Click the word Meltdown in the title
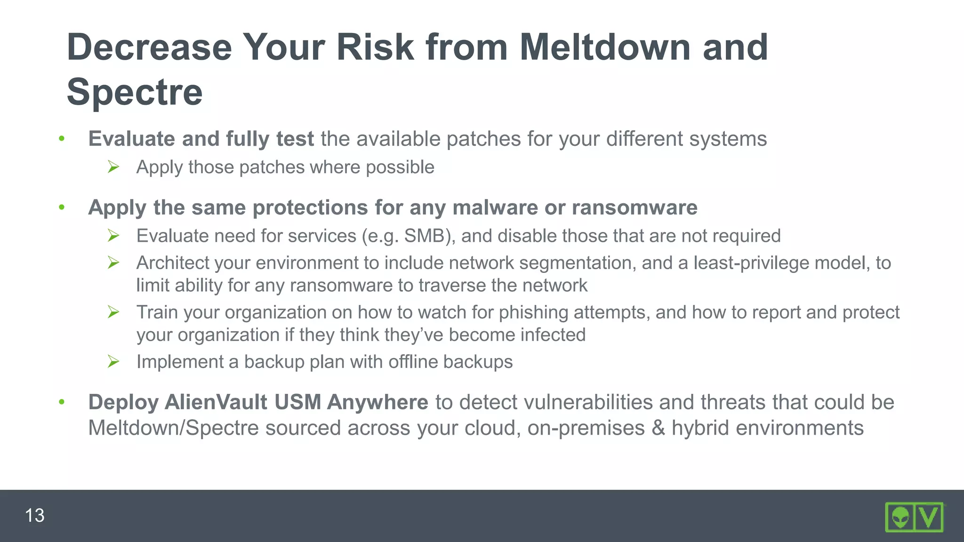(606, 48)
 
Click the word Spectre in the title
(135, 92)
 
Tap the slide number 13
(34, 516)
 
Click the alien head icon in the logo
(900, 518)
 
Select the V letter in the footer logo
(929, 518)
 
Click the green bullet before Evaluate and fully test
(62, 139)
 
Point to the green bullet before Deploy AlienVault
(62, 402)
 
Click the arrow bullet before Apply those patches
(113, 167)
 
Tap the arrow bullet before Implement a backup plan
(113, 361)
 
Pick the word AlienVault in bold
(216, 402)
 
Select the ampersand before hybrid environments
(658, 428)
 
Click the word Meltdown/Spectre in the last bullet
(174, 428)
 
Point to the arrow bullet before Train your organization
(113, 312)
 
